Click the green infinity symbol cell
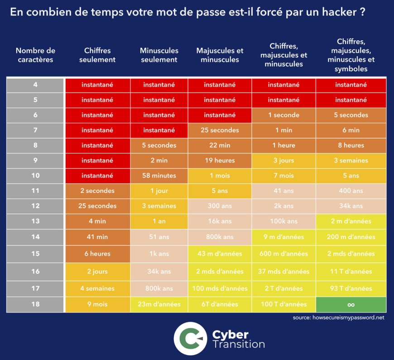pyautogui.click(x=351, y=304)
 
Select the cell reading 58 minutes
pyautogui.click(x=159, y=176)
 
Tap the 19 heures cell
pyautogui.click(x=220, y=160)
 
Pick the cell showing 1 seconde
pyautogui.click(x=283, y=115)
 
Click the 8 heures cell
pyautogui.click(x=351, y=145)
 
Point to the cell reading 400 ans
pyautogui.click(x=351, y=191)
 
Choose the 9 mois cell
pyautogui.click(x=97, y=304)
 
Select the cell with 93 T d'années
pyautogui.click(x=351, y=288)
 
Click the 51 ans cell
pyautogui.click(x=159, y=237)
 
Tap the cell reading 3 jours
pyautogui.click(x=283, y=160)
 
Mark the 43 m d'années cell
pyautogui.click(x=220, y=254)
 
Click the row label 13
pyautogui.click(x=35, y=221)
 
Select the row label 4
pyautogui.click(x=35, y=85)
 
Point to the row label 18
pyautogui.click(x=35, y=304)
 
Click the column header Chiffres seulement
pyautogui.click(x=97, y=55)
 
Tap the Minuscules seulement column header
pyautogui.click(x=159, y=55)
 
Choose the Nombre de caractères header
pyautogui.click(x=35, y=55)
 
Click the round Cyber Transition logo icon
pyautogui.click(x=190, y=338)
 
